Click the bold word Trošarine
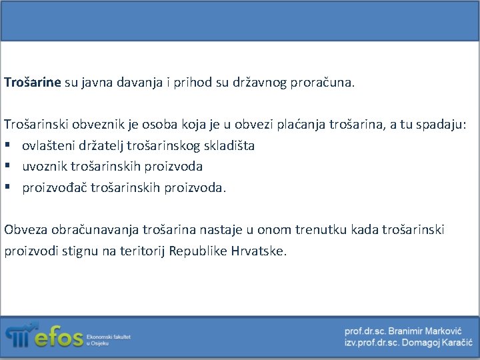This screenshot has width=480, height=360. coord(32,83)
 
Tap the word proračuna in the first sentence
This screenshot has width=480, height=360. coord(323,83)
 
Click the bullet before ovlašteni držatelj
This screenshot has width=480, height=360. coord(8,145)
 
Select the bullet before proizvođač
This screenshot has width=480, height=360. coord(8,188)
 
